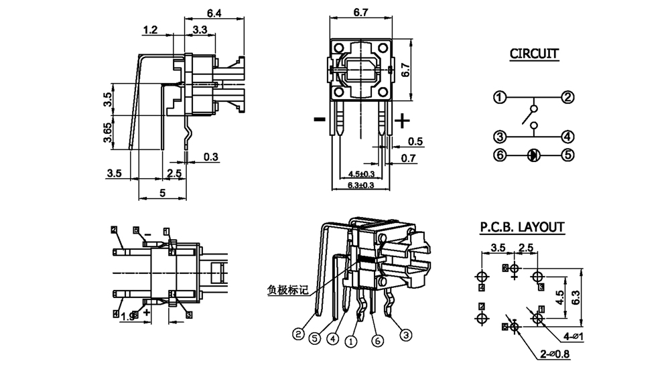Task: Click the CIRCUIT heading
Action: (535, 54)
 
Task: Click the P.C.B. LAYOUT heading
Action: (522, 228)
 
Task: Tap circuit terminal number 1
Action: (499, 98)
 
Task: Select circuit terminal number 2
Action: (567, 98)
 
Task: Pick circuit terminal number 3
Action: (499, 137)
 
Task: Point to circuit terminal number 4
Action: (567, 137)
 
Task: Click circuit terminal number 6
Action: (499, 155)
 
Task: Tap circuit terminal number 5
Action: (567, 155)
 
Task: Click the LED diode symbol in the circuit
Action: (533, 155)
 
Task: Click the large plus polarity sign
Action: (402, 121)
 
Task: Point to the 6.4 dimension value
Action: (214, 12)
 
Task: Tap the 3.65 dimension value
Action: (107, 133)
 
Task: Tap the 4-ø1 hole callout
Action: (576, 336)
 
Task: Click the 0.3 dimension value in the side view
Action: (212, 157)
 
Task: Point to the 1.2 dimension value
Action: (150, 29)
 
